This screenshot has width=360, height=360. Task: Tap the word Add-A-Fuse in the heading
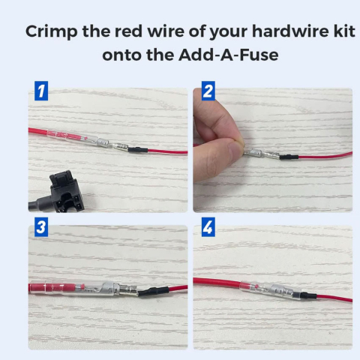point(228,55)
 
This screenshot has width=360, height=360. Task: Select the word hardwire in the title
point(290,31)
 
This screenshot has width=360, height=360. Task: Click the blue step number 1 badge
point(41,91)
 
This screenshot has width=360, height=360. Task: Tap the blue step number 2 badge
point(208,91)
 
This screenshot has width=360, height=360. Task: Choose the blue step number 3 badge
point(41,227)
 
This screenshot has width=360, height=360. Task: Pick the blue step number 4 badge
point(208,227)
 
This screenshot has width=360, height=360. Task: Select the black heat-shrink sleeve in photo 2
point(289,157)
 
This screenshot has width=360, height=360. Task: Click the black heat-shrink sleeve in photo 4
point(308,295)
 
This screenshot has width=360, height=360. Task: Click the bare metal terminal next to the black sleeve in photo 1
point(121,147)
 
